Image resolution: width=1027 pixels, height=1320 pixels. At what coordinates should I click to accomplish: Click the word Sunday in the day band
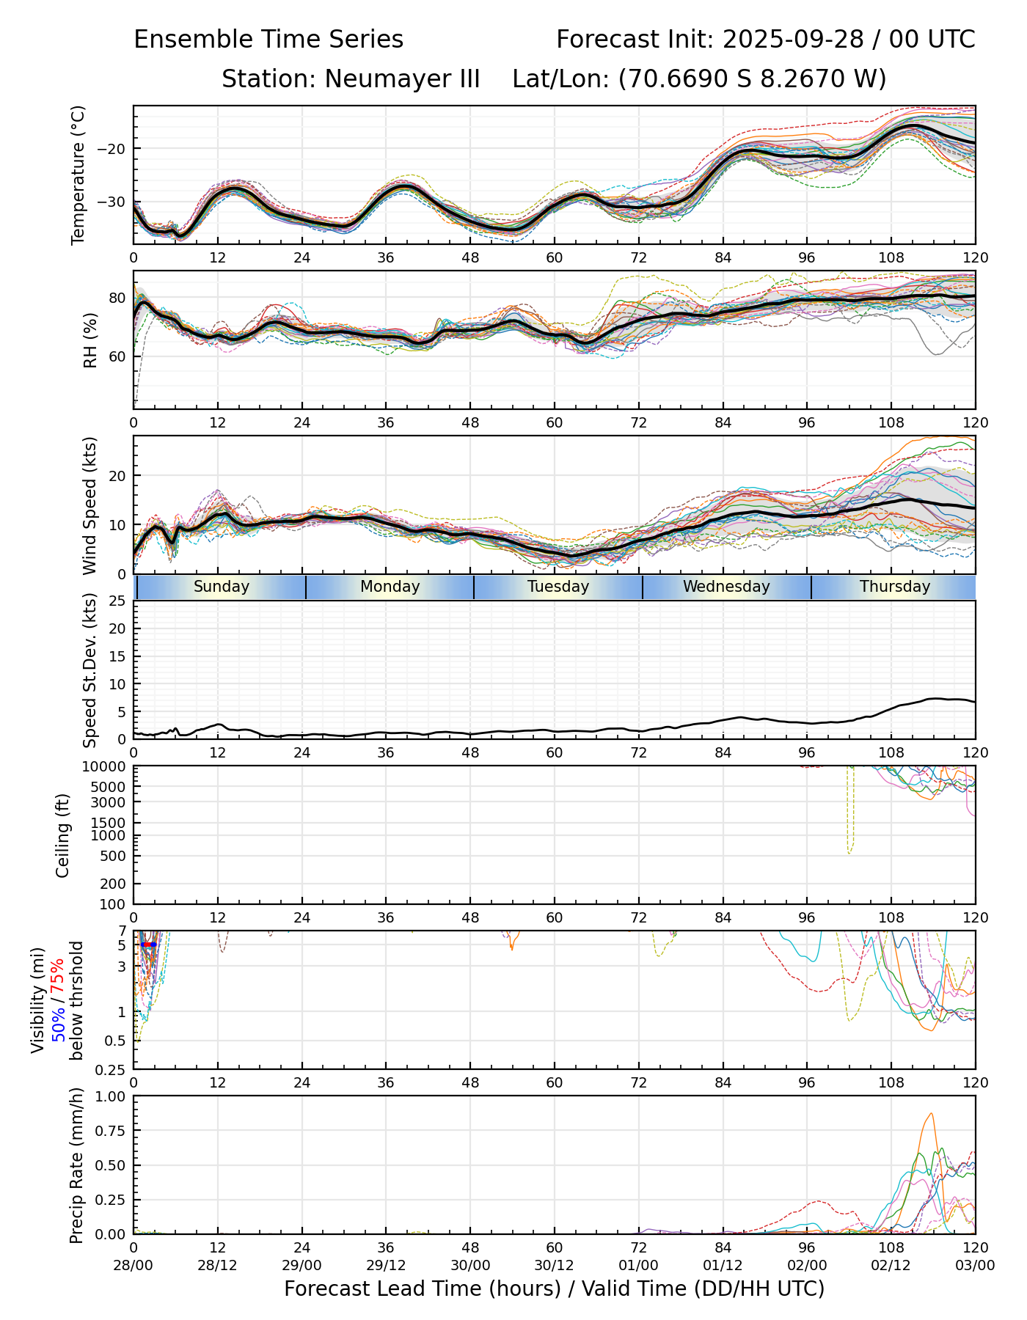point(222,587)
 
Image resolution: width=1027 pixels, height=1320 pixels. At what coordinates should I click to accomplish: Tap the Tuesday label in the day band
point(558,587)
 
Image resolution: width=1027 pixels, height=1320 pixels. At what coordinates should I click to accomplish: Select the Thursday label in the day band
point(895,587)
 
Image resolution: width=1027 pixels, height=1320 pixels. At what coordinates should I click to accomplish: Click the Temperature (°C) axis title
point(78,175)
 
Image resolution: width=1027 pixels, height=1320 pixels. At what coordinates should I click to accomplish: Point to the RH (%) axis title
point(90,340)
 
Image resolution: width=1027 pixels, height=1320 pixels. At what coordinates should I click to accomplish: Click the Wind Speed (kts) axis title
point(89,505)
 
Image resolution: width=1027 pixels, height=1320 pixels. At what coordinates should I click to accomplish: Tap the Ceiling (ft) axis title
point(63,835)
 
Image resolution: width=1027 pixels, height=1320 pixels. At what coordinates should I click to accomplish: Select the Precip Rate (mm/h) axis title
point(76,1165)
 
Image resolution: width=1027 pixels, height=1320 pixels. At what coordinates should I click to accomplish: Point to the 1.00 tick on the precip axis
point(110,1096)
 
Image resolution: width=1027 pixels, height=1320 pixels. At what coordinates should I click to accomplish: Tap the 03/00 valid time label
point(975,1265)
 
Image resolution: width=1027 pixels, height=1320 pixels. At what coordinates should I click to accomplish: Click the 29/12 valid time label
point(386,1265)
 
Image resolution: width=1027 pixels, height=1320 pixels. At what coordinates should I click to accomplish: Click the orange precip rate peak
point(931,1114)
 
